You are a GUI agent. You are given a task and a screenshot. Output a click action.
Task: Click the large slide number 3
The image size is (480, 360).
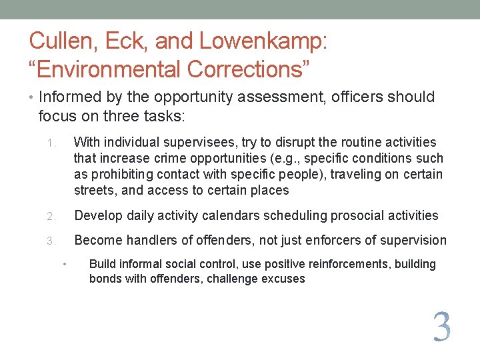(441, 327)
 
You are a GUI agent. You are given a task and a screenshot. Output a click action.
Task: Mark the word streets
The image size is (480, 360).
(94, 191)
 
